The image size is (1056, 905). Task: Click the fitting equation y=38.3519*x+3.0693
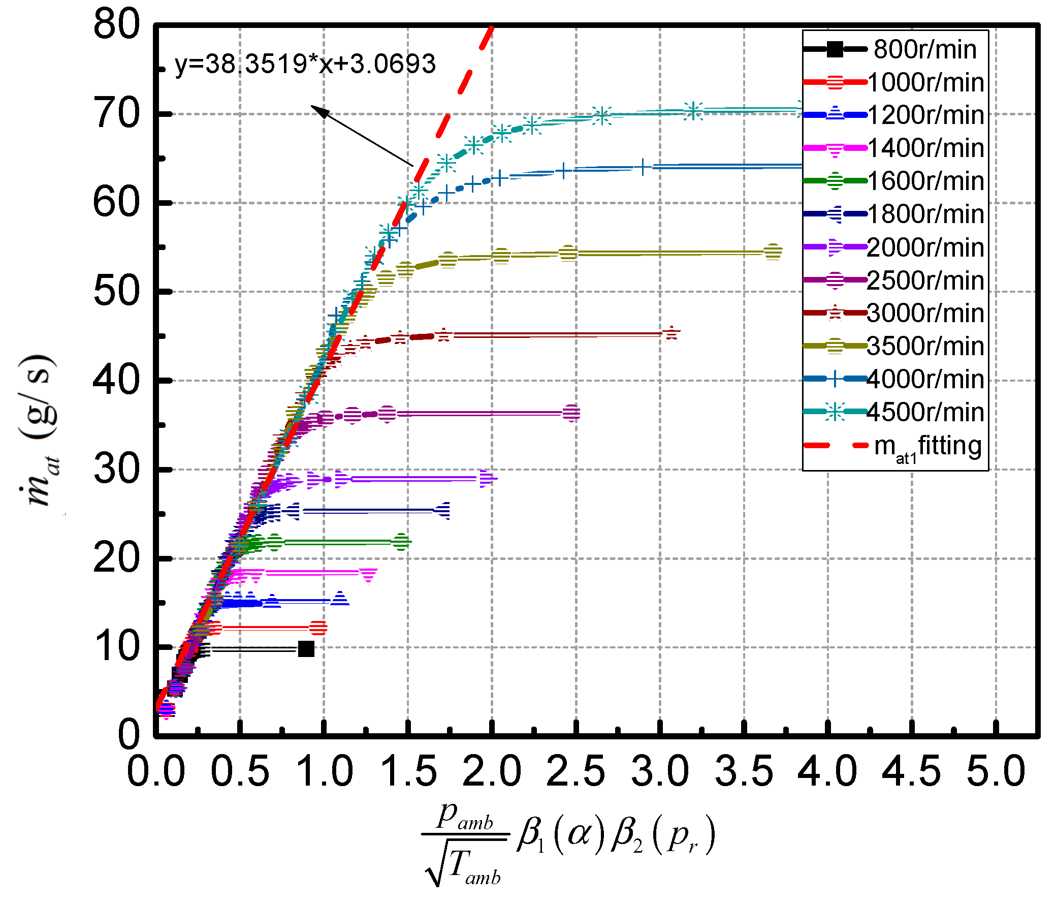[305, 64]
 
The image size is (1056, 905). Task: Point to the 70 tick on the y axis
[117, 114]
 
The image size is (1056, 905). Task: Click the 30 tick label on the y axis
[117, 470]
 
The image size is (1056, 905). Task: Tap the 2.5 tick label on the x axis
[576, 771]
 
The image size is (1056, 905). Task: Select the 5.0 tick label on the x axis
[996, 771]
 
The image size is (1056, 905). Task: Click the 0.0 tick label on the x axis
[156, 771]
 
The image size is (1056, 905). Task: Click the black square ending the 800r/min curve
[306, 649]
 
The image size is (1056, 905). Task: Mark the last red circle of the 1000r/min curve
[318, 628]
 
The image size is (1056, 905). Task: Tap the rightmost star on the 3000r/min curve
[671, 334]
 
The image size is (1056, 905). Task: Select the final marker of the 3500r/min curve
[773, 252]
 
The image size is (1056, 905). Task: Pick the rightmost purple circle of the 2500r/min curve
[571, 413]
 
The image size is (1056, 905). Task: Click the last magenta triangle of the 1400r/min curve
[368, 575]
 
